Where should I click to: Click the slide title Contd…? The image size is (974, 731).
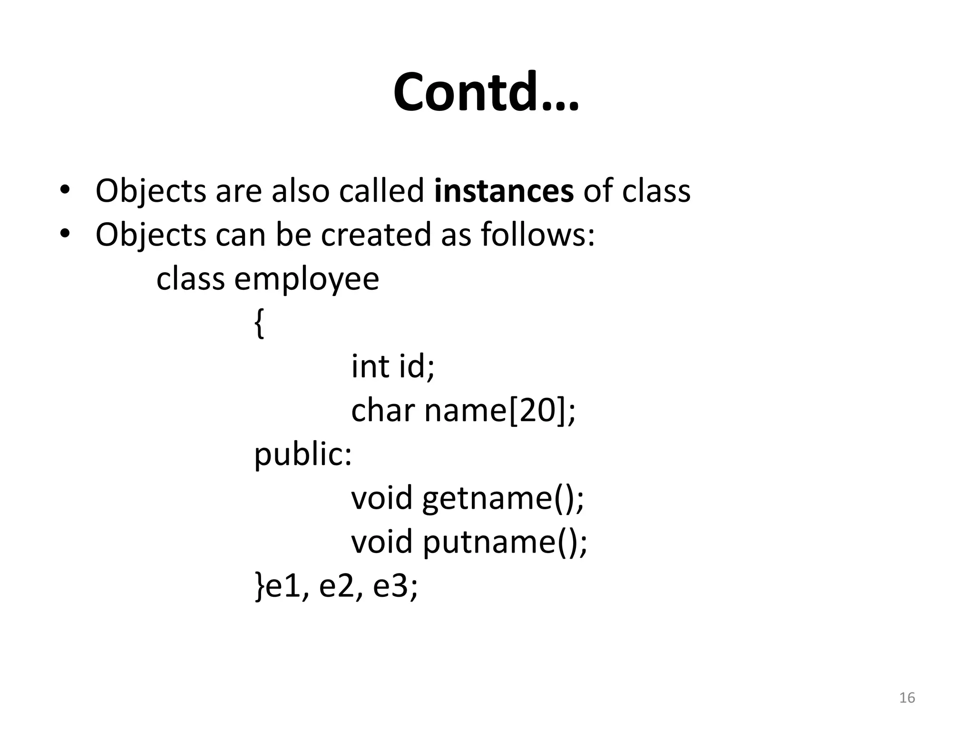click(x=486, y=92)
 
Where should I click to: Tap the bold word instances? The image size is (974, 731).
click(x=504, y=191)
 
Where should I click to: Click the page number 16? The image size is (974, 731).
click(x=907, y=698)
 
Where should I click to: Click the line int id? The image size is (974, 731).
click(x=393, y=366)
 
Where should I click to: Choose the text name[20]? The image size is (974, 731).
click(x=499, y=410)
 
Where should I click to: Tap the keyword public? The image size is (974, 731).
click(x=303, y=454)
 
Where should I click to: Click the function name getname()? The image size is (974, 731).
click(x=503, y=498)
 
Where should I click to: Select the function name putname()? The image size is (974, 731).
click(x=505, y=542)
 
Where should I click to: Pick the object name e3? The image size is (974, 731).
click(x=395, y=586)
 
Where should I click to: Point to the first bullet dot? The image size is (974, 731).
click(x=65, y=191)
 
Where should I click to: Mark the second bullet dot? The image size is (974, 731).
click(x=65, y=235)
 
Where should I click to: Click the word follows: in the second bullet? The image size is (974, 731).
click(x=537, y=235)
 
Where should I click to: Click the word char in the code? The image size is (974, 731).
click(x=382, y=410)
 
